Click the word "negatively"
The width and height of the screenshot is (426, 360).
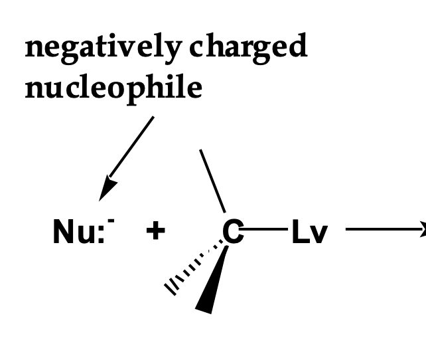101,48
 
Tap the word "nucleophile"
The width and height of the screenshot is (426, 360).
113,87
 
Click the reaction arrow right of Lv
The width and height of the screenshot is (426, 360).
385,230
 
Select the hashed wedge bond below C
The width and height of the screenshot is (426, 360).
192,269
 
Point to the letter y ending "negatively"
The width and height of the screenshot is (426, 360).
171,52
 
